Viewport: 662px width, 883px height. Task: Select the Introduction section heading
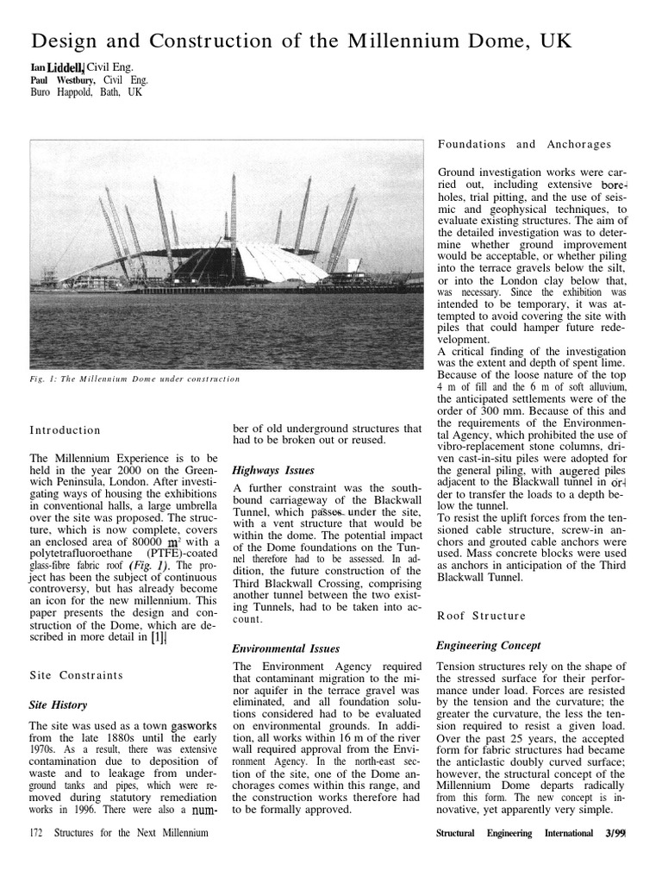(x=65, y=429)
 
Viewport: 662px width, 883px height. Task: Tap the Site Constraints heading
(x=75, y=674)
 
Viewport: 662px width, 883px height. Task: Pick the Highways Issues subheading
(x=273, y=470)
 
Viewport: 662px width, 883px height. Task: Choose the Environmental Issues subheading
(x=286, y=648)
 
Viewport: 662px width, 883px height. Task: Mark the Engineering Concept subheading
(x=489, y=645)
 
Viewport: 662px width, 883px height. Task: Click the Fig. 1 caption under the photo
(x=135, y=379)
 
